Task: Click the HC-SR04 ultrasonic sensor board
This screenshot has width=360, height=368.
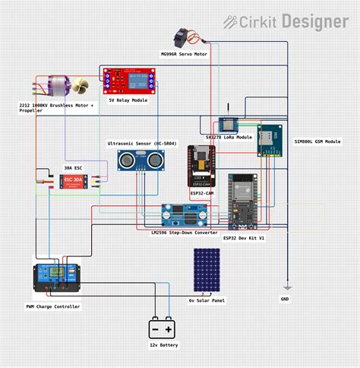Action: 141,161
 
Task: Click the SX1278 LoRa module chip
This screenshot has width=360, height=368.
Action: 226,125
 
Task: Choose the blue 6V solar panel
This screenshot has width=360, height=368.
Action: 207,270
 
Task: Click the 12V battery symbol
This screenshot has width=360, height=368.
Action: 163,328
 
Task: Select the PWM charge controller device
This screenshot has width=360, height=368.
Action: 57,277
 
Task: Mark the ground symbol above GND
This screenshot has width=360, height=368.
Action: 286,287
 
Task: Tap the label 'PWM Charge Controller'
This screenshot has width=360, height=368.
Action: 52,306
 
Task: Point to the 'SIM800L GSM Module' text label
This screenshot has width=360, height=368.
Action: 317,141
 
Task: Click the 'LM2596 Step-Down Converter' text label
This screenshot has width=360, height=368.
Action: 185,232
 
